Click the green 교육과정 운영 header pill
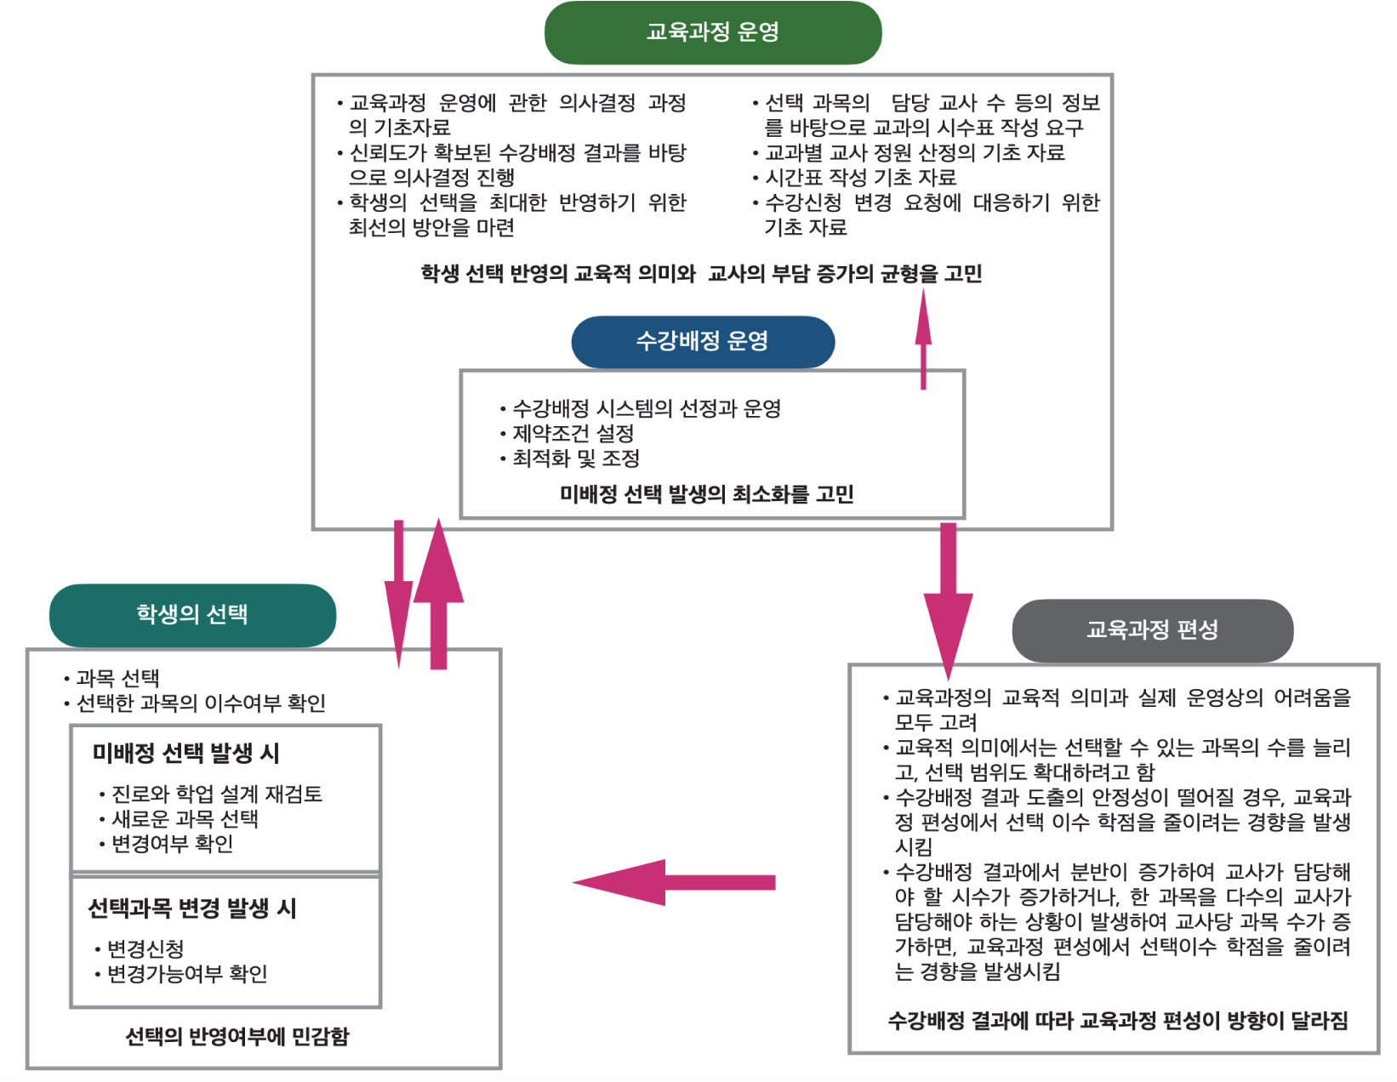[x=713, y=32]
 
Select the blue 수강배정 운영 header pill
[x=703, y=341]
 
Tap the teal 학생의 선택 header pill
[x=192, y=614]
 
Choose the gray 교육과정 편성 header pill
[x=1152, y=629]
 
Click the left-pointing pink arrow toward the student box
[x=672, y=882]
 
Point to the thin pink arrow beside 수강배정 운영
[x=923, y=340]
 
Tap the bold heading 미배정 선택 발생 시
[x=186, y=753]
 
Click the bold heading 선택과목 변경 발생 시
[x=192, y=908]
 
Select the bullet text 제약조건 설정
[x=573, y=434]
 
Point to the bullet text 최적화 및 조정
[x=576, y=458]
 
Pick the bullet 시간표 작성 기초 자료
[x=860, y=177]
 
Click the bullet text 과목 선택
[x=117, y=678]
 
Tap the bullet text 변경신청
[x=145, y=948]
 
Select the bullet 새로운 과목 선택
[x=185, y=818]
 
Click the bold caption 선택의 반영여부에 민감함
[x=237, y=1036]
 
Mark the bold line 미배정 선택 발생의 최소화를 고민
[x=706, y=494]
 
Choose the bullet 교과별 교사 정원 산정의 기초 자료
[x=915, y=152]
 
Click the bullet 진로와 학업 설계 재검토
[x=217, y=794]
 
